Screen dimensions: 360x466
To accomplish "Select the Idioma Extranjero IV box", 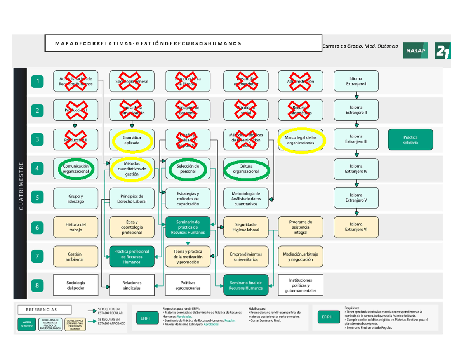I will [356, 168].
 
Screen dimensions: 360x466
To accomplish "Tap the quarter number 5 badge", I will [37, 197].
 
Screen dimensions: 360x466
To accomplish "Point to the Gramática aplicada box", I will [132, 140].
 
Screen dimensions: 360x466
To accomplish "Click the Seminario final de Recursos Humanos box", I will [245, 285].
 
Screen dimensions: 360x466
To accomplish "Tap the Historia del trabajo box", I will [76, 227].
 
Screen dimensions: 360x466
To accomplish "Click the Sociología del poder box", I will [76, 286].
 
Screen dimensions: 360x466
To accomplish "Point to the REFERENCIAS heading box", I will [44, 310].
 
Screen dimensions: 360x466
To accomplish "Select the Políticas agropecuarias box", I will [188, 286].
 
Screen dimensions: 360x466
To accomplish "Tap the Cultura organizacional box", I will [245, 169].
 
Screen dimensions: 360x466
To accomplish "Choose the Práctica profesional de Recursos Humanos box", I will [132, 257].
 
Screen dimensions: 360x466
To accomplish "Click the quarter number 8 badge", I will [37, 286].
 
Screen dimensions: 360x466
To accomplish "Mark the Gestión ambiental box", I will [76, 256].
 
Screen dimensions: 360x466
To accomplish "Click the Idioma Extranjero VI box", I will [356, 227].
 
